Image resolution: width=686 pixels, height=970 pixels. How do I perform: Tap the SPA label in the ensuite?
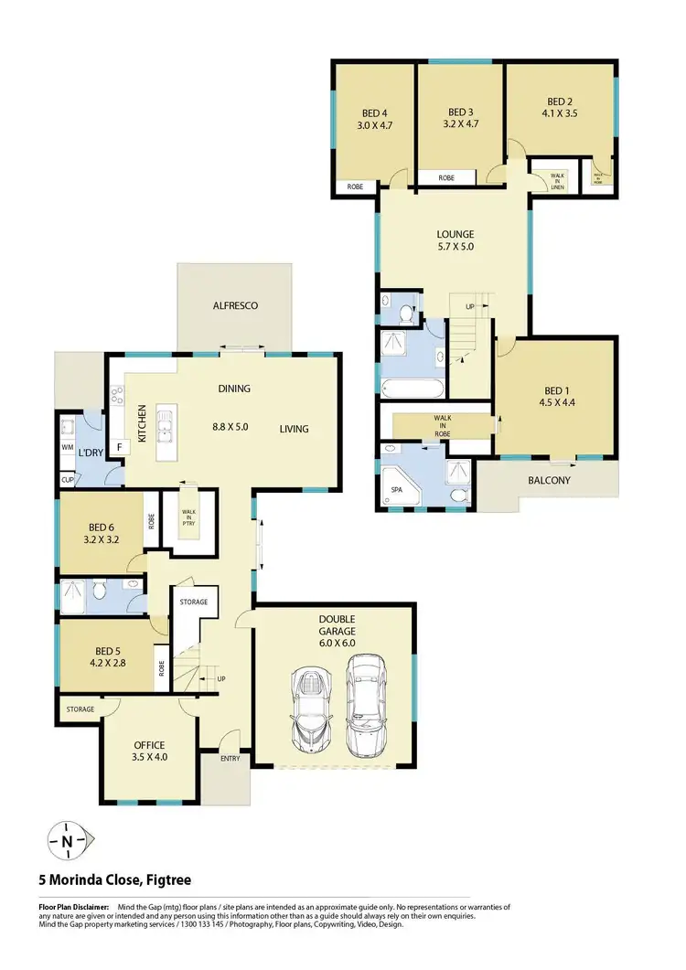(x=396, y=490)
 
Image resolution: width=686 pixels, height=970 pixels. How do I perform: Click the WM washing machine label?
(x=67, y=448)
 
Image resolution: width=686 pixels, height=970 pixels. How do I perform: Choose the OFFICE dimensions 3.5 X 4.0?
(x=149, y=757)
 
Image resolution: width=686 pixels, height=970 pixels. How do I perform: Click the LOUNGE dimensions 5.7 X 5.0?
(x=455, y=246)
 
